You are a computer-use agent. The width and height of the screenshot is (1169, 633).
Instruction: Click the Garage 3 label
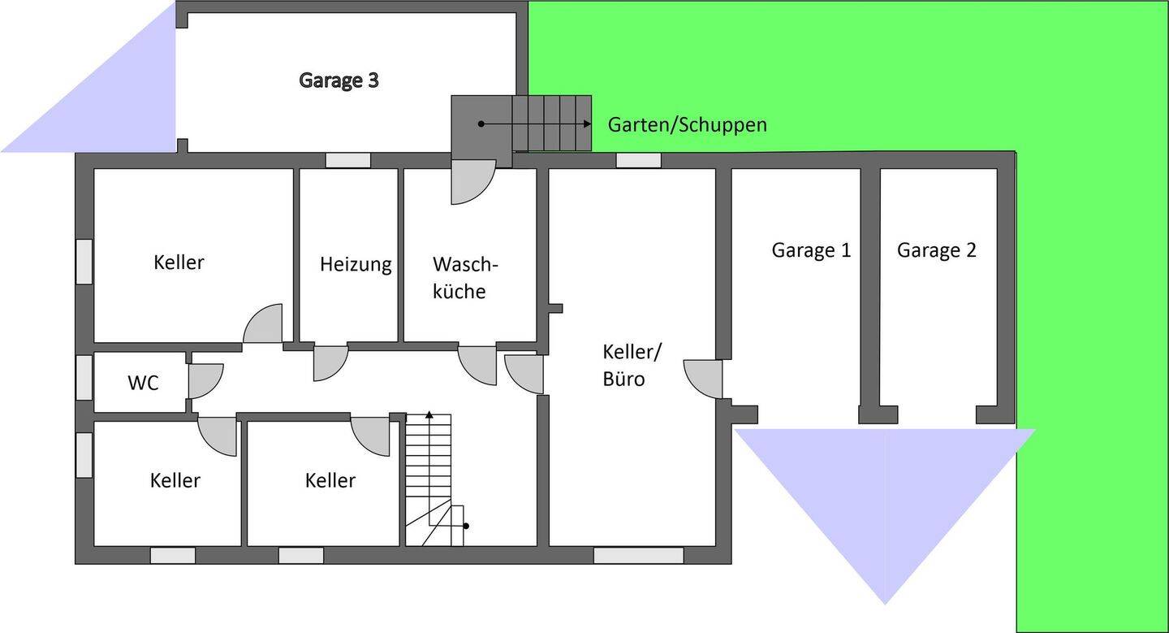339,80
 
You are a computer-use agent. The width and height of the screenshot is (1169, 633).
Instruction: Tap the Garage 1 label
811,250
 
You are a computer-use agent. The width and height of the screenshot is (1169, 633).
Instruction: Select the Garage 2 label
936,250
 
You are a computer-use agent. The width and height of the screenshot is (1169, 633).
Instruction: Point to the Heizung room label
355,264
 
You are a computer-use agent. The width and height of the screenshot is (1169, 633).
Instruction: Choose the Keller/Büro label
632,365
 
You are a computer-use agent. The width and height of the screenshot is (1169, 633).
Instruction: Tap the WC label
143,383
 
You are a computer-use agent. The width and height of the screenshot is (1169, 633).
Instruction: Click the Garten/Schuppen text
687,125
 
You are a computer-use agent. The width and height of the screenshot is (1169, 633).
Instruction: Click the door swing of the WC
204,380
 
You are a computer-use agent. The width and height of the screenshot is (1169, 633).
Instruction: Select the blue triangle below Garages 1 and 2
885,496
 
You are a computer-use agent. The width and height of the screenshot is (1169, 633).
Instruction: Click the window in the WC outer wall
84,378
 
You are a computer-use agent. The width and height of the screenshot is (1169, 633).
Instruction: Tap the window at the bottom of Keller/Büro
638,556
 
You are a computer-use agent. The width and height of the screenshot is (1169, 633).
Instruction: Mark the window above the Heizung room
348,160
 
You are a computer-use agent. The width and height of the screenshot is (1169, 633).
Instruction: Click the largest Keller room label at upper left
179,262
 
